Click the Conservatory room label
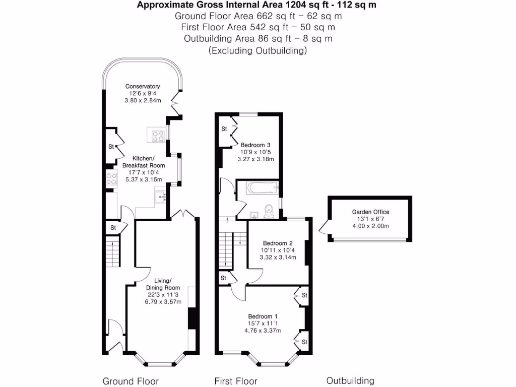(x=143, y=86)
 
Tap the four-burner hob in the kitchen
(x=156, y=136)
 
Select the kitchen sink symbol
(x=162, y=196)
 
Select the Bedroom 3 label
(x=255, y=145)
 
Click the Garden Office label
(x=370, y=212)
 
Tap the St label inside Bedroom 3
(x=224, y=129)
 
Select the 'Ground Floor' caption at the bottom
(x=131, y=381)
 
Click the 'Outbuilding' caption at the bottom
(x=350, y=380)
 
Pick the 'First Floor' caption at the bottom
(x=236, y=381)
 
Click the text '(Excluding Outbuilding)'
(x=257, y=51)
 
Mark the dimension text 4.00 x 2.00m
(x=370, y=226)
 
